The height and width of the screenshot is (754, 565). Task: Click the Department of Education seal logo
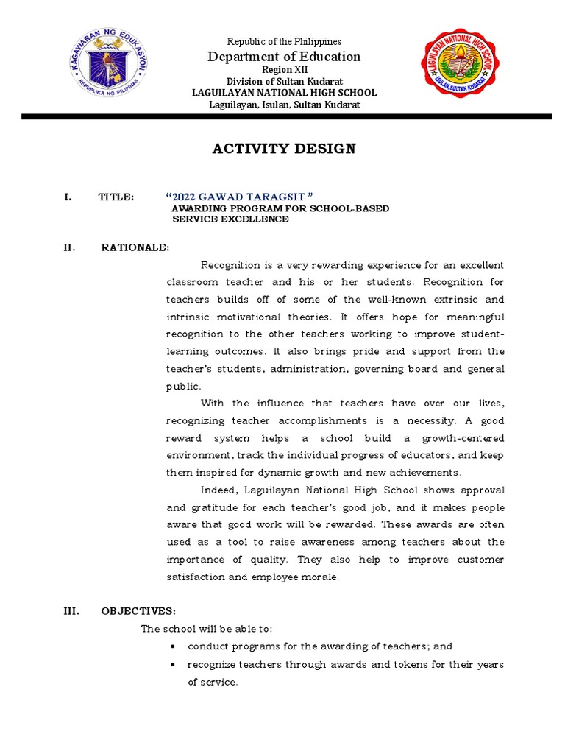113,70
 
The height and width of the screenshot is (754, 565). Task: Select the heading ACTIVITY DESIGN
283,149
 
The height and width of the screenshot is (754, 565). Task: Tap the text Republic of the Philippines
284,42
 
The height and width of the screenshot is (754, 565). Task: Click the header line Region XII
283,69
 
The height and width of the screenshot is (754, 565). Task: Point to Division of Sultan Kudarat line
284,81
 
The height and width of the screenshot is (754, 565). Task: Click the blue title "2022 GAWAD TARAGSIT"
240,197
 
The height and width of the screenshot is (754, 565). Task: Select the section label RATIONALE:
135,247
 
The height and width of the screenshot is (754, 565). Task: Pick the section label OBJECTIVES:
138,611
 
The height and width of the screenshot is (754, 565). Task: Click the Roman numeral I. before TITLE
68,197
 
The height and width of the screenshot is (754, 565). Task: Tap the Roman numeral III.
71,611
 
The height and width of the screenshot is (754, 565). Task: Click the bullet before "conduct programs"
171,646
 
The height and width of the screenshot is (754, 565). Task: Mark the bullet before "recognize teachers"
171,665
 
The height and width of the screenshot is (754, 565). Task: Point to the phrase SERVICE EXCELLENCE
230,219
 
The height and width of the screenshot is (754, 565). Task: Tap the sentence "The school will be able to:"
206,629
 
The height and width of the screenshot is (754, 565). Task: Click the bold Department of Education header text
284,57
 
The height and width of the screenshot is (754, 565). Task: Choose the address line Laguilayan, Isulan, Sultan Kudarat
284,105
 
